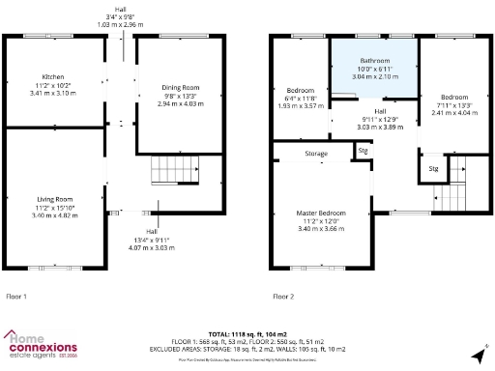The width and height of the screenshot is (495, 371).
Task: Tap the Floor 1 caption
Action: click(x=17, y=296)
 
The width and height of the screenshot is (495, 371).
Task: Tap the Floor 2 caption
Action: click(x=283, y=296)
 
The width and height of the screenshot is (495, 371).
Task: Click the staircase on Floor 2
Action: click(x=450, y=196)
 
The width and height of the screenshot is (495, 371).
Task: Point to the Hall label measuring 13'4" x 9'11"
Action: click(x=152, y=232)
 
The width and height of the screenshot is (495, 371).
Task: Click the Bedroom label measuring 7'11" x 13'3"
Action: click(x=453, y=98)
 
